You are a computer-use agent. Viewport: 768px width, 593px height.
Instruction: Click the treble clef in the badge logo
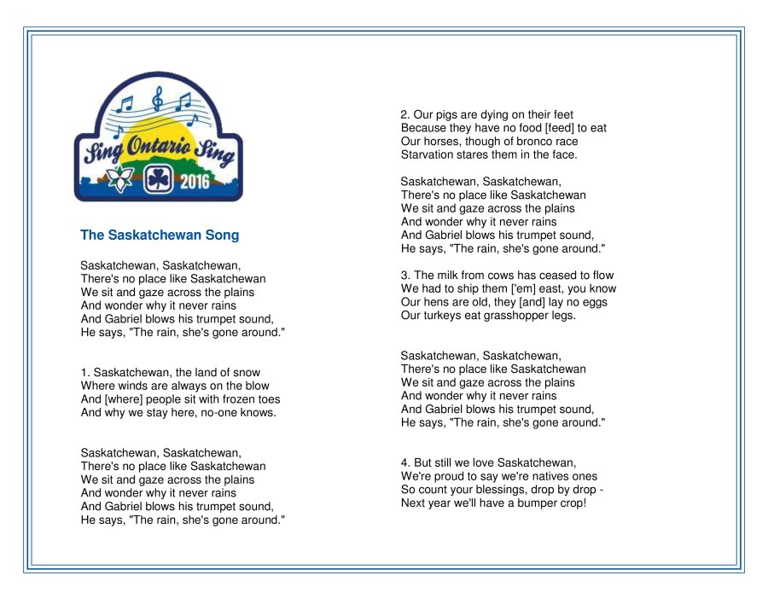point(156,100)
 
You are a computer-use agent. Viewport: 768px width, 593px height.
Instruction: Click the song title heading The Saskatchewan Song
point(160,235)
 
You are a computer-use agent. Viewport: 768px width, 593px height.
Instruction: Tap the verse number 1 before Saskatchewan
point(84,372)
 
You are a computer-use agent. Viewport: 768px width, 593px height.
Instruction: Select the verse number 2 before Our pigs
point(405,114)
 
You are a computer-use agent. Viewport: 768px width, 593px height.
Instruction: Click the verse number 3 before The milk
point(405,275)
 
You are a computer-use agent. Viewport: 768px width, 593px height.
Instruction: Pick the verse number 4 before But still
point(405,462)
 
